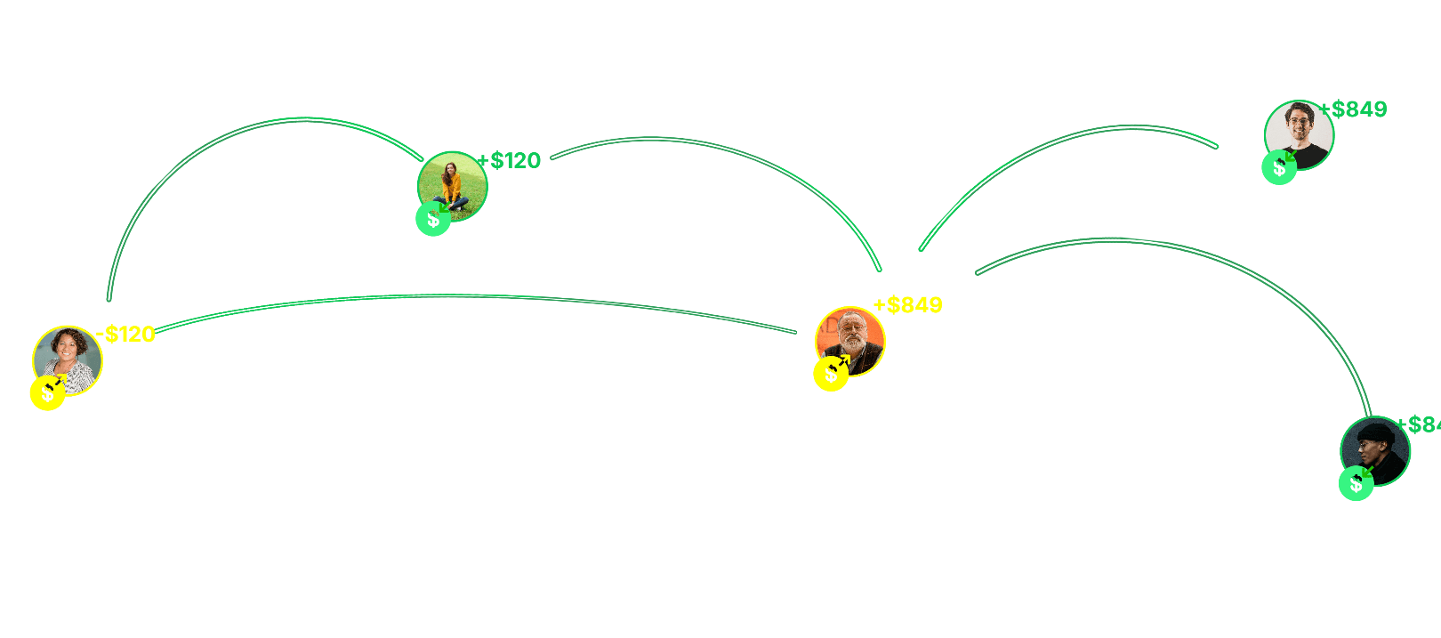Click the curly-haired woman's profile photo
pos(68,359)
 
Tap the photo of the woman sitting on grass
pos(453,186)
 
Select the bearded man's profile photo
pos(850,341)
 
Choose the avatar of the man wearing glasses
pos(1300,134)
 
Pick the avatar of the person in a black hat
pos(1376,450)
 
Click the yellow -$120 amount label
pos(126,335)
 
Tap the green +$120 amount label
pos(511,161)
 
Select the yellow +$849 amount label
pos(908,305)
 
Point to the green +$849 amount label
pos(1354,109)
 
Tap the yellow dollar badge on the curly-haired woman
pos(47,393)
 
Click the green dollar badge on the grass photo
pos(433,219)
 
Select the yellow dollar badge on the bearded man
pos(831,374)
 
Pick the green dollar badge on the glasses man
pos(1279,167)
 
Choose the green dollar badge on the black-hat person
pos(1356,483)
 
